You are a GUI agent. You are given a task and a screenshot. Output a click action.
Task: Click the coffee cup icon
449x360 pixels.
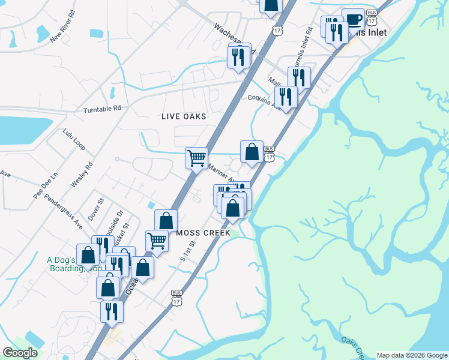[354, 20]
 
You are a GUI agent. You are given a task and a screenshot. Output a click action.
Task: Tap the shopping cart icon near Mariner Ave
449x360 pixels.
[196, 158]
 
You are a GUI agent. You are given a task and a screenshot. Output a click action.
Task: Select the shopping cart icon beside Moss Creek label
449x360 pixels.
[157, 241]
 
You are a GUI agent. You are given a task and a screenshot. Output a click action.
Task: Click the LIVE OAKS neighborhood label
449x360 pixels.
[184, 116]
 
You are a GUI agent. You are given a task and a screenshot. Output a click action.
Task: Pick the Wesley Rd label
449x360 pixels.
[82, 174]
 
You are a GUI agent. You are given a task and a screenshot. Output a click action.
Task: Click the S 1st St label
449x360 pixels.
[188, 252]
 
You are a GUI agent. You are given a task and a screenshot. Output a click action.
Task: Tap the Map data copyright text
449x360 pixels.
[411, 355]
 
